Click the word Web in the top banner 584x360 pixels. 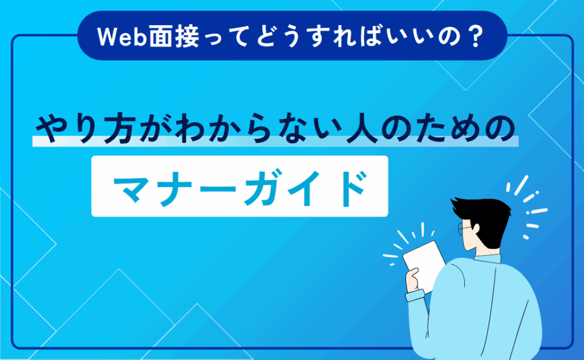click(x=121, y=37)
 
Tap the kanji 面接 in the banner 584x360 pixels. click(x=175, y=37)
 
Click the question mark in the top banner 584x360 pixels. click(x=475, y=37)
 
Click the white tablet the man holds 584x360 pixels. click(x=424, y=265)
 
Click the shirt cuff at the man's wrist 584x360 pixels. click(x=415, y=296)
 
